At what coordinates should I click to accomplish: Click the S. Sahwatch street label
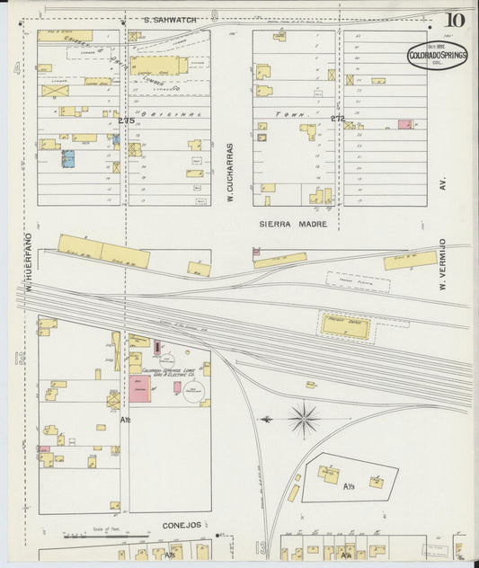(171, 20)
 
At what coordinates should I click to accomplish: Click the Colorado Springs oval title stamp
(437, 55)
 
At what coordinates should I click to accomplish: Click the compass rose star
(305, 419)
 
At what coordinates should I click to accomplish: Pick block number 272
(337, 118)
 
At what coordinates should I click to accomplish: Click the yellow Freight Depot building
(345, 326)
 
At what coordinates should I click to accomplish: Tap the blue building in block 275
(67, 159)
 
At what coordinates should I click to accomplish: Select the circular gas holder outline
(193, 389)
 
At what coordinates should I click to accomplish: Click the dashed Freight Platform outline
(358, 282)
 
